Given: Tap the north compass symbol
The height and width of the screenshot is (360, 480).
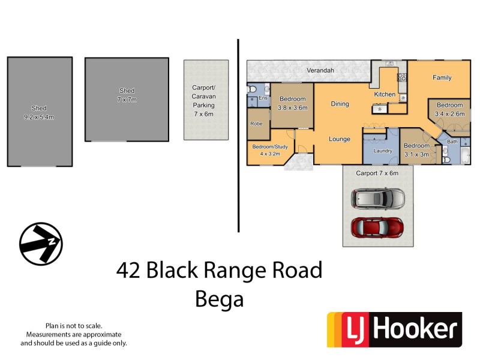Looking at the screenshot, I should (41, 243).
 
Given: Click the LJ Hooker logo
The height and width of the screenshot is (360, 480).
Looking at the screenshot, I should (394, 329).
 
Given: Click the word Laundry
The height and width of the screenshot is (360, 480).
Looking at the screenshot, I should (382, 151).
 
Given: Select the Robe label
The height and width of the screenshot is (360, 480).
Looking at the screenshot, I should (256, 124).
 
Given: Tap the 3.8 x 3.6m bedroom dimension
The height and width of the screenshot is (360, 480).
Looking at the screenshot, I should (293, 108).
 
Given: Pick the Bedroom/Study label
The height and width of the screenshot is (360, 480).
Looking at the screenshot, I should (269, 147).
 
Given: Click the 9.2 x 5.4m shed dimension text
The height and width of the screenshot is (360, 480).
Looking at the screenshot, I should (39, 117).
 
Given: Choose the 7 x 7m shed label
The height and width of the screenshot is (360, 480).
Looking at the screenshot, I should (127, 100).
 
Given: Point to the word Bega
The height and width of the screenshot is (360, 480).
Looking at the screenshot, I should (220, 298).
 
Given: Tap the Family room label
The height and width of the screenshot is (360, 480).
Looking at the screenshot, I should (442, 78).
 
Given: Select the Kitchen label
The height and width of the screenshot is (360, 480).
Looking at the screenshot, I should (385, 94).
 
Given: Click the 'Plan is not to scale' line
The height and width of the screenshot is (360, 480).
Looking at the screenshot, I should (74, 325).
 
